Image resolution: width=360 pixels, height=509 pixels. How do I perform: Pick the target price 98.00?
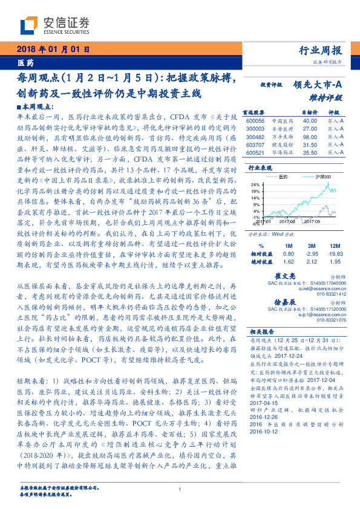point(310,137)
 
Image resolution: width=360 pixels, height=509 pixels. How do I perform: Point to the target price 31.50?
point(310,144)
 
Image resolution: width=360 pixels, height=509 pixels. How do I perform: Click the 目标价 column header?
point(310,112)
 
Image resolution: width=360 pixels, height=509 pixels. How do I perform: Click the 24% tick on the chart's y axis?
point(255,184)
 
